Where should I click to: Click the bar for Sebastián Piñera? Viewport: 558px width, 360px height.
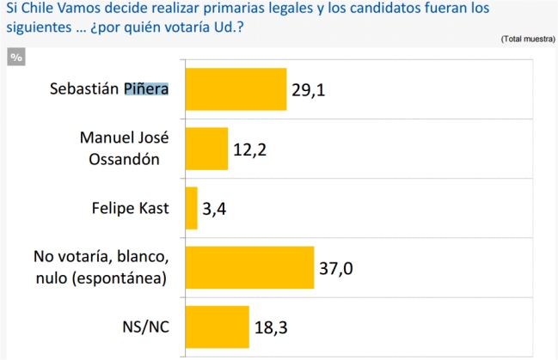tap(236, 89)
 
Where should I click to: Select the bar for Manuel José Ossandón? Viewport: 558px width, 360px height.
tap(206, 149)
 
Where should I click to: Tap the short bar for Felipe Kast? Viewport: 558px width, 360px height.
tap(191, 208)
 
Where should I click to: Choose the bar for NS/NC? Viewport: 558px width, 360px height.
tap(217, 326)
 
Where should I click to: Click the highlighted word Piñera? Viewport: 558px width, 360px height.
tap(146, 89)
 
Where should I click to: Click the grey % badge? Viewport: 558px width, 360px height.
tap(16, 58)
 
